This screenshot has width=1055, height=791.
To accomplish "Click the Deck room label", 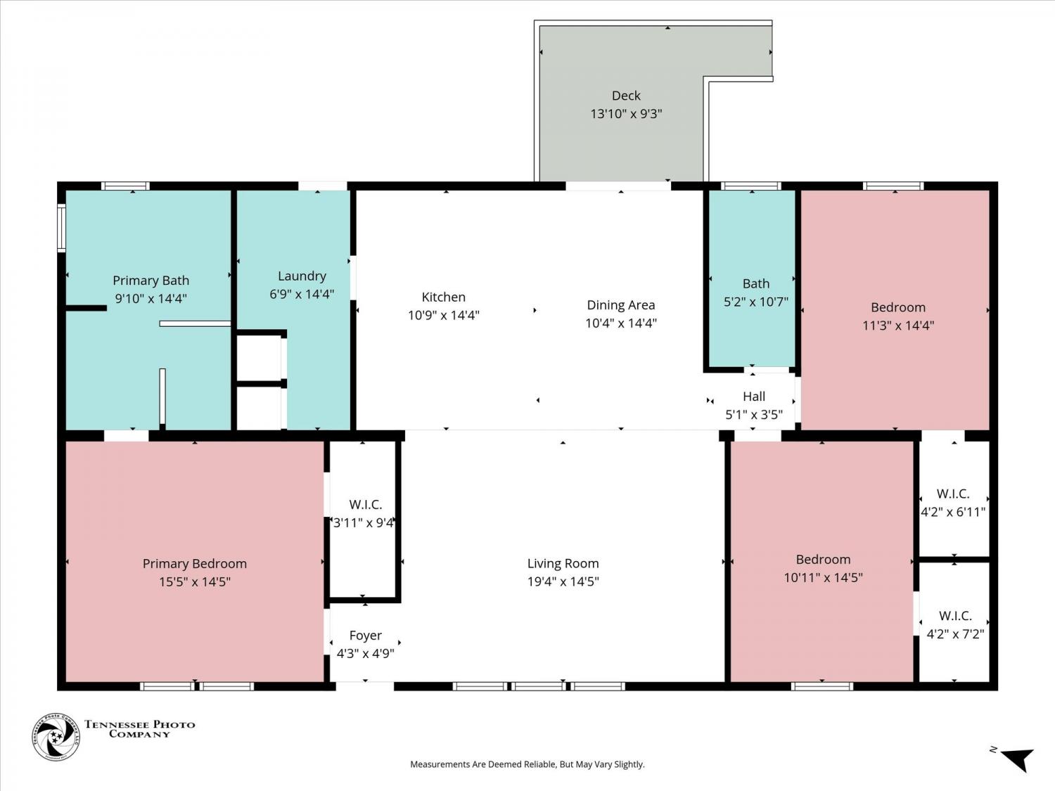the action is [626, 96].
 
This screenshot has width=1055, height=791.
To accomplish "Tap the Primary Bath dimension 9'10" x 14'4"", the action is [151, 298].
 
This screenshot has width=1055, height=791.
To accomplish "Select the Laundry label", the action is [302, 276].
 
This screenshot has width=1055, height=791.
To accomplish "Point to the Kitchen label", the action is [443, 297].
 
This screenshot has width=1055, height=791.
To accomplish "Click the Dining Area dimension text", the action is [620, 323].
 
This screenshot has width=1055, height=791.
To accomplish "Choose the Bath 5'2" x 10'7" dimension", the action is [755, 302].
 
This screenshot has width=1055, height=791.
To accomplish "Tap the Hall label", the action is [754, 397].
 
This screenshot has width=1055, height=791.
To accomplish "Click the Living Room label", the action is [563, 563].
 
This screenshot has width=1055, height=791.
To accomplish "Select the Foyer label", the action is [365, 636].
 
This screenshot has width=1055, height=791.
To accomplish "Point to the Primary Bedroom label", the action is [195, 563].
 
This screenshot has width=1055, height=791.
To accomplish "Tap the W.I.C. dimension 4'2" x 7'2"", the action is [955, 634].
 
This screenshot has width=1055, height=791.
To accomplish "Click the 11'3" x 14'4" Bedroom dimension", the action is [898, 326].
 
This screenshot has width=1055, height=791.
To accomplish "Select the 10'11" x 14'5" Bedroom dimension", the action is [823, 577].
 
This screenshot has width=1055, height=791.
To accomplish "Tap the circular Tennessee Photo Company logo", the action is [56, 737].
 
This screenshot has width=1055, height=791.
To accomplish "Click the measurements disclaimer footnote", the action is [527, 764].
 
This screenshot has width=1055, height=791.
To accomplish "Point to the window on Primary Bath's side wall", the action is [61, 228].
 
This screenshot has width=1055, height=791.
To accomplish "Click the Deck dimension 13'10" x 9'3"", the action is [626, 114].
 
